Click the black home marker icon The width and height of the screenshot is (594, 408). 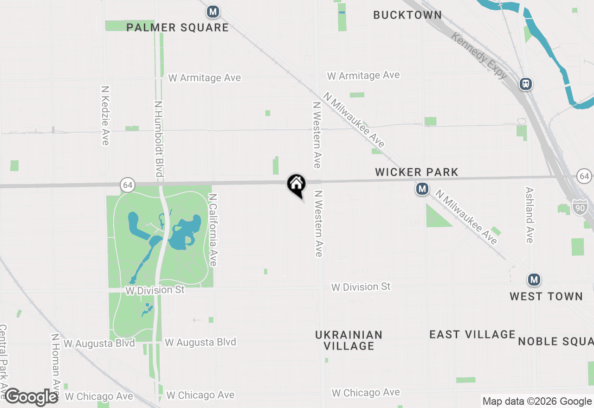(x=296, y=184)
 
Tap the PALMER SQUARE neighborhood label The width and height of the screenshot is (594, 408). (x=178, y=28)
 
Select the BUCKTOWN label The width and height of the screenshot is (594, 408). (x=407, y=15)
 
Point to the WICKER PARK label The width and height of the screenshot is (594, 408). (x=416, y=172)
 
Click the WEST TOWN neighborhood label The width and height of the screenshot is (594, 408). (x=546, y=297)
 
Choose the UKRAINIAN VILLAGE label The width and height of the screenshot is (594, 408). (x=349, y=340)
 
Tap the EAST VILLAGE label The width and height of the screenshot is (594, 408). (x=472, y=335)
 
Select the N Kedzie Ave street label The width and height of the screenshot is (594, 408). (x=105, y=115)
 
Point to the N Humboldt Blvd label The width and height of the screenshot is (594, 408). (x=158, y=139)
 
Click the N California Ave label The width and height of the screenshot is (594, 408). (x=213, y=230)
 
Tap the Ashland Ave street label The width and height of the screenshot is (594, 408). (x=529, y=215)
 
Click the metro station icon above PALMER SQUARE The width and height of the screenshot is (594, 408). (x=213, y=12)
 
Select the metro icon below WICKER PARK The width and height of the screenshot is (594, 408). (x=422, y=189)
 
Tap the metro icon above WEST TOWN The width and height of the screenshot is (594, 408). (x=534, y=280)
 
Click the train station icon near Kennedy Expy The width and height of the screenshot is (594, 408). (x=525, y=84)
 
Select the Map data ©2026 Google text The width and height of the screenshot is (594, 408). (x=537, y=402)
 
